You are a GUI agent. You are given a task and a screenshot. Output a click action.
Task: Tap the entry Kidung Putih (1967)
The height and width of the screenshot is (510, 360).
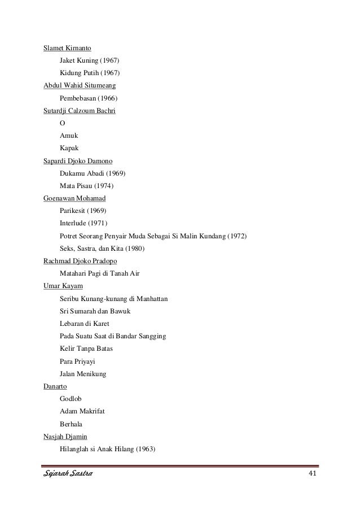90,73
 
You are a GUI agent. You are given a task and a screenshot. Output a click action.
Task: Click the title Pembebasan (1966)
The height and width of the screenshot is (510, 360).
89,98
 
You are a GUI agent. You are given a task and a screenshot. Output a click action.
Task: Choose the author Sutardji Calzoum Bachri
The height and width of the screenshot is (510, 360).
80,111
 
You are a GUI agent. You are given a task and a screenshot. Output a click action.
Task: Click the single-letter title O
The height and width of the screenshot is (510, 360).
62,123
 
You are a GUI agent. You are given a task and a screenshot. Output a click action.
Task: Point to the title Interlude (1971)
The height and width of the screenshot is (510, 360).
83,223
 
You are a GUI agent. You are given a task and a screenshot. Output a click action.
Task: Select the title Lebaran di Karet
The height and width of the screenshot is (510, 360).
84,323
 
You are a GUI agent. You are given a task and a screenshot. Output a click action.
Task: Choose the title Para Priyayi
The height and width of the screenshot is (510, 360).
78,360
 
